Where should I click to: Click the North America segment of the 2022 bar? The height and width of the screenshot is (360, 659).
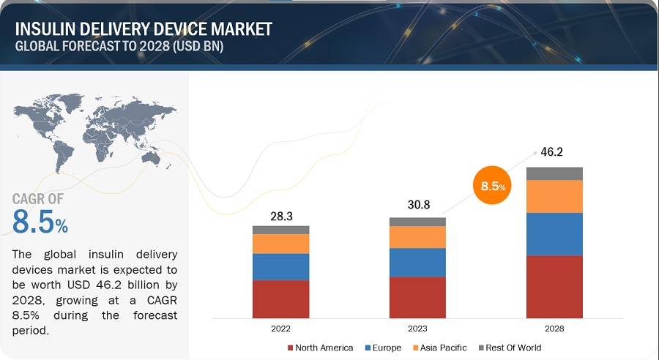pos(280,299)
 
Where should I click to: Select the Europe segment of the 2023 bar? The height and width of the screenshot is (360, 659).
pos(417,262)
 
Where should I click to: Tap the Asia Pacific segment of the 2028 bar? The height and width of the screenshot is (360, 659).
pos(554,196)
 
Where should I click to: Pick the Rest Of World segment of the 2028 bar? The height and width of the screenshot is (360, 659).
pos(554,173)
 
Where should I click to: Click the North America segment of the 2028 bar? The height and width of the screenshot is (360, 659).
pos(554,286)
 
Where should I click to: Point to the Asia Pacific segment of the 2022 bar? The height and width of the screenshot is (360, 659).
pos(280,244)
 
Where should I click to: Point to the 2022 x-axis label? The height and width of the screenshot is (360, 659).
pos(280,329)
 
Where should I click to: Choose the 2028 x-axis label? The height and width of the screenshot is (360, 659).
pos(554,329)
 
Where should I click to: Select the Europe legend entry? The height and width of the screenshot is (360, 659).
pos(384,348)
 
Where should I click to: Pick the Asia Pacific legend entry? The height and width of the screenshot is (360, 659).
pos(440,348)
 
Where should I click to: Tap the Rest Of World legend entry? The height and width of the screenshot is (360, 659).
pos(511,348)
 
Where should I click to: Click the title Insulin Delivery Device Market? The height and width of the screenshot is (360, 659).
pos(143,29)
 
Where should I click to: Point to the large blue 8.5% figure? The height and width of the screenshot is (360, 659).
pos(40,222)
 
